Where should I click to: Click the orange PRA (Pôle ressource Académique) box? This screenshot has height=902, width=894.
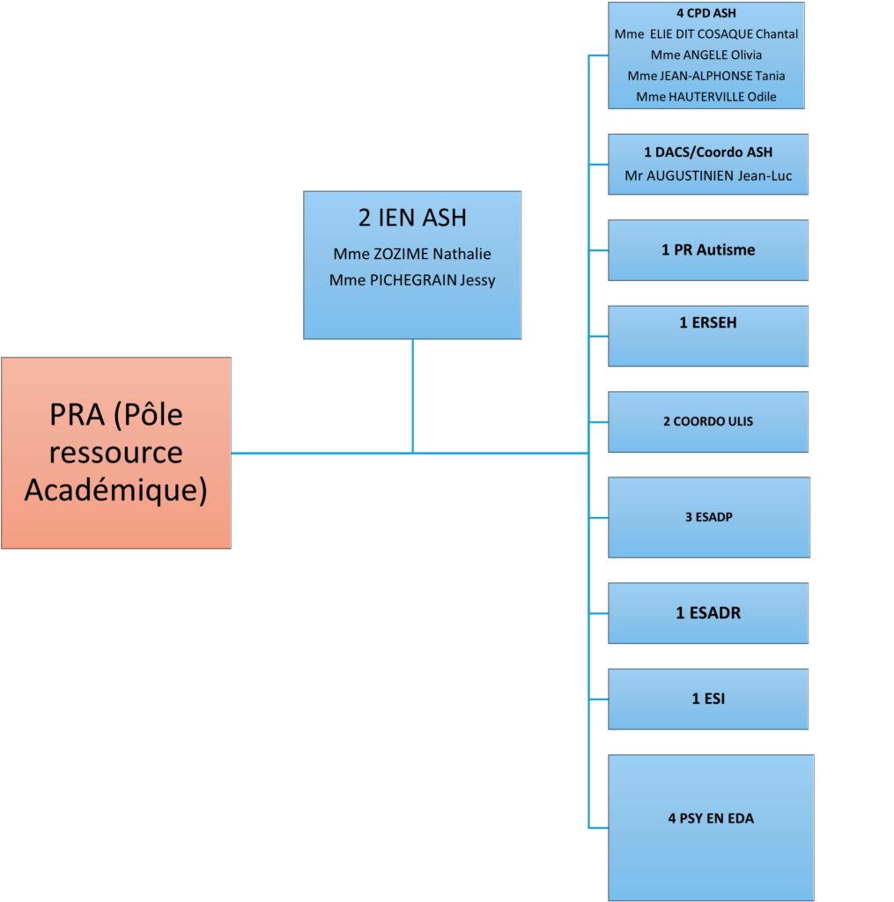[x=116, y=453]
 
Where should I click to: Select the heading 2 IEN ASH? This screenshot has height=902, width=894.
[x=412, y=218]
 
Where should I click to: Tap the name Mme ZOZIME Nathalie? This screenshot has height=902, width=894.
[x=412, y=254]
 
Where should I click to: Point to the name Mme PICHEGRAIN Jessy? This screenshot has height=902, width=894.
[x=412, y=280]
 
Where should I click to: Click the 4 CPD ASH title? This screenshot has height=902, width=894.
[x=706, y=13]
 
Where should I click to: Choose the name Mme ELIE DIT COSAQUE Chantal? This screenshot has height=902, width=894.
[x=706, y=34]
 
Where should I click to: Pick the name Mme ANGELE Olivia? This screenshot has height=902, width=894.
[x=706, y=55]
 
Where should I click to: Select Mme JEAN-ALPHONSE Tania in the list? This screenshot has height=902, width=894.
[x=706, y=76]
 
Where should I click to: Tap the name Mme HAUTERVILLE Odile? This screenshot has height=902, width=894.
[x=706, y=97]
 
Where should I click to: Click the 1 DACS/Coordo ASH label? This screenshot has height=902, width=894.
[x=708, y=152]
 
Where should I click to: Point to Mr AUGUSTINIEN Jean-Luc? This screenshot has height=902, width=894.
[x=708, y=176]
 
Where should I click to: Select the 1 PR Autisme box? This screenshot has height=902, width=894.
[x=708, y=250]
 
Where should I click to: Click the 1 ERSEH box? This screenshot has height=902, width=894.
[x=708, y=336]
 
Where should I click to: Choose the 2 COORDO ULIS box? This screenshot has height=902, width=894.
[x=708, y=422]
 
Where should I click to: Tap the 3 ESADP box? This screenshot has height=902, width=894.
[x=709, y=517]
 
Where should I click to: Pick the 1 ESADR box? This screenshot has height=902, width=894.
[x=708, y=613]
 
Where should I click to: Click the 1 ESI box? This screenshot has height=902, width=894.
[x=708, y=699]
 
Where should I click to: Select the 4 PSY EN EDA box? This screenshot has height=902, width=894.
[x=711, y=827]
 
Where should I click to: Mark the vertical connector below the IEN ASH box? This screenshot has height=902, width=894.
[x=412, y=396]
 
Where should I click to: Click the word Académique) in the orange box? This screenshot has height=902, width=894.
[x=115, y=491]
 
